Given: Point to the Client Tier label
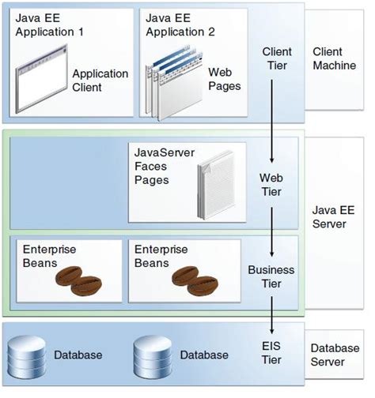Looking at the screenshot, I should (x=277, y=58).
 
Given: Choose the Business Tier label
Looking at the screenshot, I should (x=271, y=276).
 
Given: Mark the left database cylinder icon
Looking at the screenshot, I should (x=26, y=355).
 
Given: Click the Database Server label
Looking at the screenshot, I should (x=334, y=355).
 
